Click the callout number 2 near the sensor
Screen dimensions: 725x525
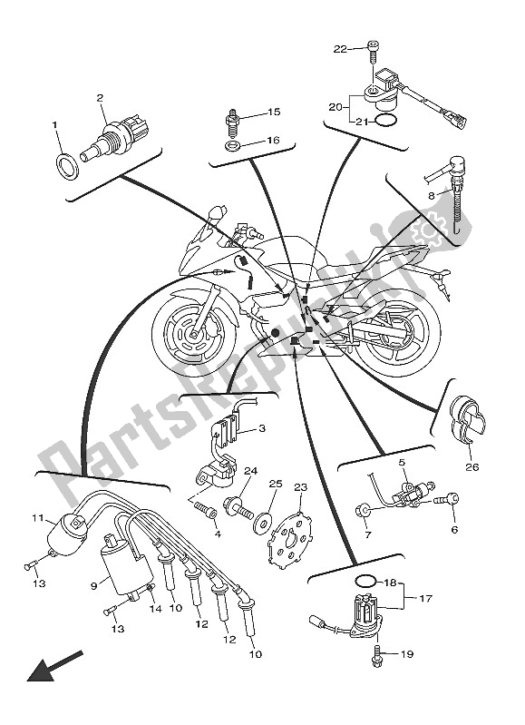click(101, 97)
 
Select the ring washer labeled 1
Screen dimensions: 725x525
click(66, 165)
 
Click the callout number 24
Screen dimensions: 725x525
click(249, 471)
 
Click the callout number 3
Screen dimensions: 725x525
click(262, 428)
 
